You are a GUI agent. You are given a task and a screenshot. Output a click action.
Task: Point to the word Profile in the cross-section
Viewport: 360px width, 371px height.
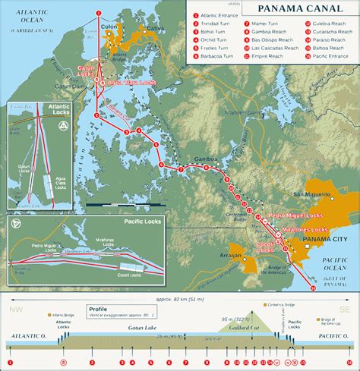97,310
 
